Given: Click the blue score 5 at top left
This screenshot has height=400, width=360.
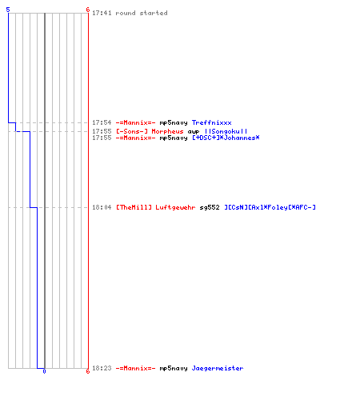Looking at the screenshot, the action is [8, 10].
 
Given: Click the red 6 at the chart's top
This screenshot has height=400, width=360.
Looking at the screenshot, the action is [88, 10].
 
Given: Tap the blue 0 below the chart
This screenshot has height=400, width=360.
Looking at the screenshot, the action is [44, 371].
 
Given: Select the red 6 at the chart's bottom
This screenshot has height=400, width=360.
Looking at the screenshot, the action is [88, 371].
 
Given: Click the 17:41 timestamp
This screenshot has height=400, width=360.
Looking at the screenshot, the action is [102, 13].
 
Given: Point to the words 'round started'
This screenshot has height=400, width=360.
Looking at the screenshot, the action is [142, 13].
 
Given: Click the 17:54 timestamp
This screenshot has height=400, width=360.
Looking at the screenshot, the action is [102, 122].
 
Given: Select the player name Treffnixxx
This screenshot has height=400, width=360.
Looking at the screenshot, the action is [212, 122].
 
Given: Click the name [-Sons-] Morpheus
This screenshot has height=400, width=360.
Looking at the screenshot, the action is [150, 131].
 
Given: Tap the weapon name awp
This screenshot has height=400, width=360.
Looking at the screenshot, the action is [194, 132].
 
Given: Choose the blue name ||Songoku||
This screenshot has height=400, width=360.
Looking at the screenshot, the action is [226, 131].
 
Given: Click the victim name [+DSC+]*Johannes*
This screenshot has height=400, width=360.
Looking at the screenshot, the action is [226, 138].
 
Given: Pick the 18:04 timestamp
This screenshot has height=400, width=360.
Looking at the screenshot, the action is [102, 207].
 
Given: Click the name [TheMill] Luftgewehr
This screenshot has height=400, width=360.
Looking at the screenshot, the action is [156, 207].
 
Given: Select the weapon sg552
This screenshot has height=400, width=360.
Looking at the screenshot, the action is [210, 207].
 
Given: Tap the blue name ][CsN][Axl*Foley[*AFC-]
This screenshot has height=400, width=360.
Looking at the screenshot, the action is [270, 207].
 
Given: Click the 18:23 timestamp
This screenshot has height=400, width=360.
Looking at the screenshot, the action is [102, 368].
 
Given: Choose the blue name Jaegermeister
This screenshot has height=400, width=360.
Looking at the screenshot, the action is [218, 368].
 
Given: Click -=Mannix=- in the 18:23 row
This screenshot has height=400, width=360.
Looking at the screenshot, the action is [135, 368].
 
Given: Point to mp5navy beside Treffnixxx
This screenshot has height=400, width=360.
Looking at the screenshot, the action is [174, 123].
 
